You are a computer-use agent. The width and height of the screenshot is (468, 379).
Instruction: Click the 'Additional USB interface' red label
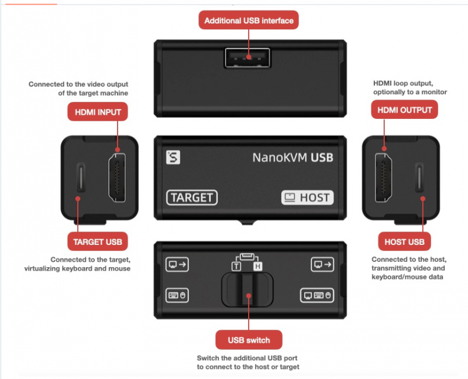click(249, 21)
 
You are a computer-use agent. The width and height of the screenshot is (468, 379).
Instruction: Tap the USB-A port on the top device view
click(247, 57)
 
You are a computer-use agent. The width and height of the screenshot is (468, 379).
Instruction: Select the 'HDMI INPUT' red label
click(98, 112)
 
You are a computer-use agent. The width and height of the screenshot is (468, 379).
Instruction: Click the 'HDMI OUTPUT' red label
click(404, 110)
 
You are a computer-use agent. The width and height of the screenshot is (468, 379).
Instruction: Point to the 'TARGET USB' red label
click(98, 241)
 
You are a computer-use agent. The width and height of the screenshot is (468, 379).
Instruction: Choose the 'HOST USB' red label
click(404, 241)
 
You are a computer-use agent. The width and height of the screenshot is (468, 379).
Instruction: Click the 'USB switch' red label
click(249, 340)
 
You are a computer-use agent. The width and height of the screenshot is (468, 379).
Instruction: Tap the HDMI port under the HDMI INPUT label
click(117, 177)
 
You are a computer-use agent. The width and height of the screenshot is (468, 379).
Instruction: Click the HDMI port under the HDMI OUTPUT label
click(384, 177)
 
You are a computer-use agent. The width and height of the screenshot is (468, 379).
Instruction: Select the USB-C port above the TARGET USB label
click(81, 177)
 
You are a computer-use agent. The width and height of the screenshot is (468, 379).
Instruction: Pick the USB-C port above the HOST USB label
click(419, 177)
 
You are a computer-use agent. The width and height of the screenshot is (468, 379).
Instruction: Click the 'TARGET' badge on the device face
click(192, 197)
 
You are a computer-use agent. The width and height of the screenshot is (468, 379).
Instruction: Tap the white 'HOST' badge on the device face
click(308, 197)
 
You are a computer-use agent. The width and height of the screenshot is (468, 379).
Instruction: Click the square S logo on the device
click(173, 158)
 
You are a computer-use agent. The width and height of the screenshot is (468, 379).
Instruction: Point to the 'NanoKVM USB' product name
click(293, 158)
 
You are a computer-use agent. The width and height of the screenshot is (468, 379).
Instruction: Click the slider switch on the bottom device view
click(247, 289)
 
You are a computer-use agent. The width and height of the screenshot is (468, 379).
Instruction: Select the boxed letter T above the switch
click(236, 266)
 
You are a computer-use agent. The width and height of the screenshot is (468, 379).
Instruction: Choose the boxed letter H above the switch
click(258, 266)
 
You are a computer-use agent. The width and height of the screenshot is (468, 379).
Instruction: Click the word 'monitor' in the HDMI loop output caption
click(434, 92)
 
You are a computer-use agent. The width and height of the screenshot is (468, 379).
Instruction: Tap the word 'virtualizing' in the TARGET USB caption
click(42, 268)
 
